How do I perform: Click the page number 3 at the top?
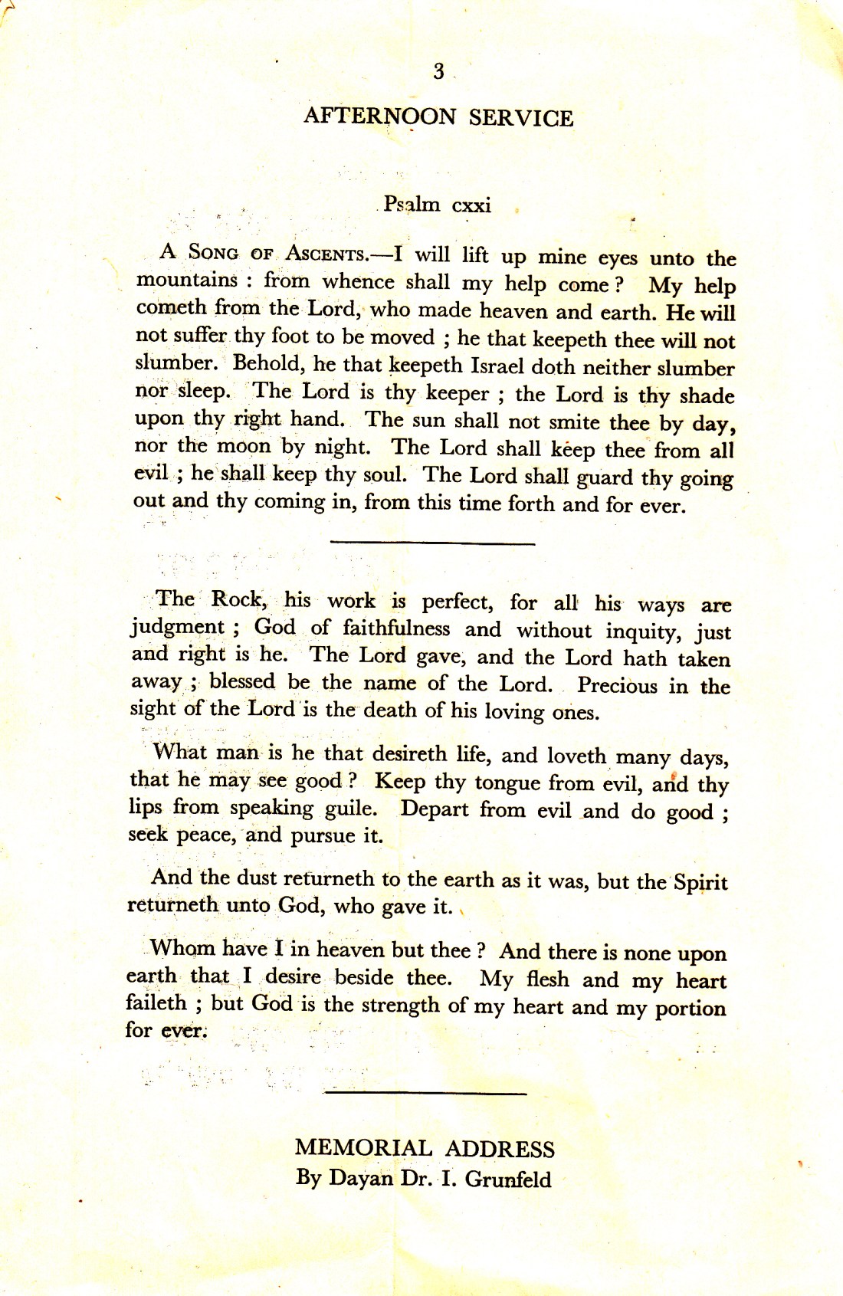[438, 71]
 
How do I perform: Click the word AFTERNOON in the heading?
[380, 116]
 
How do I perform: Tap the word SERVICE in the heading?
[521, 118]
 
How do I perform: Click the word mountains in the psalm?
[187, 280]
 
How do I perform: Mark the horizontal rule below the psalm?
[432, 543]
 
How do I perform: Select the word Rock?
[238, 599]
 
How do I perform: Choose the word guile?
[350, 809]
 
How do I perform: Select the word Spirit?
[700, 882]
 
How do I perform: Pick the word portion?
[690, 1008]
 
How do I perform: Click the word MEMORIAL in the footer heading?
[363, 1148]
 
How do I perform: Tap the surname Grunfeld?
[507, 1179]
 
